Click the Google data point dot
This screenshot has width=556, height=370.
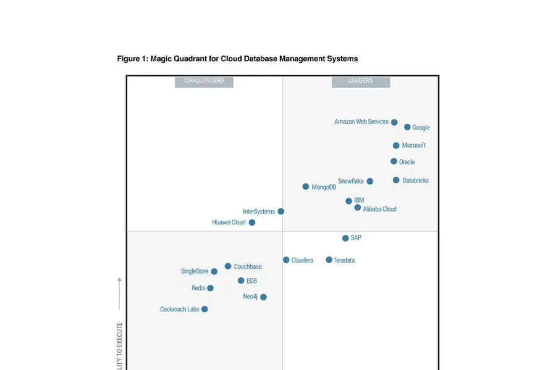[407, 127]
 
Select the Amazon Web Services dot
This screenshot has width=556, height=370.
[394, 122]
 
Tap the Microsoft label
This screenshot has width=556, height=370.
[414, 146]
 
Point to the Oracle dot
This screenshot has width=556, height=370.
[394, 162]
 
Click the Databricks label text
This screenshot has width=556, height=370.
[415, 181]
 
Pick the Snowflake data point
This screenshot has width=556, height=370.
[369, 181]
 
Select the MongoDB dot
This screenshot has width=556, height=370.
[305, 186]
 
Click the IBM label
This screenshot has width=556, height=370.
[359, 200]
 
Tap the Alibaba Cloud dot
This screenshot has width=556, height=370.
[357, 208]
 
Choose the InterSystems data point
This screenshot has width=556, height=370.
[280, 211]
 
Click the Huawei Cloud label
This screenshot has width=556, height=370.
[229, 223]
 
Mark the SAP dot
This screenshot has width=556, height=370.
[345, 238]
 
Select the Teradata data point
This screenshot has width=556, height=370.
[329, 260]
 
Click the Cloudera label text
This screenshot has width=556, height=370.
[302, 260]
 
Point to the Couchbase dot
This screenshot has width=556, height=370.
[228, 266]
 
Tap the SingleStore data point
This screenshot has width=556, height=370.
[214, 271]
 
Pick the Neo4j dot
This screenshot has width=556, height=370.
[263, 297]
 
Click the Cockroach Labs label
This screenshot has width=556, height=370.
[180, 310]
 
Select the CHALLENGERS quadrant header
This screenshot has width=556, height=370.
[204, 81]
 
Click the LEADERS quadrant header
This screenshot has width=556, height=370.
[361, 81]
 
